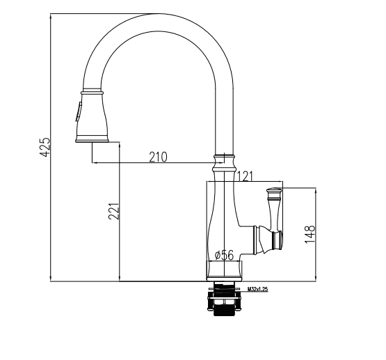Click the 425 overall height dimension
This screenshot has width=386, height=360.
coord(45,147)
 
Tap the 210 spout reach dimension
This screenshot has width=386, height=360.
coord(158,157)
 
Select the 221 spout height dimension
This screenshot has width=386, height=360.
coord(114,211)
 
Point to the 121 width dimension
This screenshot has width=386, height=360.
coord(245,176)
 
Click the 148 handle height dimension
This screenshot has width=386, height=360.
coord(310,234)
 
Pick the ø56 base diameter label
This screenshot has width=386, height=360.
coord(224,255)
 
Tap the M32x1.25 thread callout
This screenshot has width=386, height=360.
coord(257,289)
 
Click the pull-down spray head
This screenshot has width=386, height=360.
coord(92,116)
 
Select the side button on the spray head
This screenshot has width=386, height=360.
coord(79,111)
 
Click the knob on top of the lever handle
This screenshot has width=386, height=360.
coord(274,190)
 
